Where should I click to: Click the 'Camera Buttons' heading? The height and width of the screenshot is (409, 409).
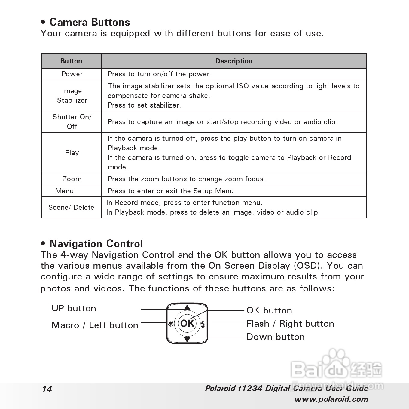click(x=90, y=22)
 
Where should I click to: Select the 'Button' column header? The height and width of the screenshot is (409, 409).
click(x=71, y=61)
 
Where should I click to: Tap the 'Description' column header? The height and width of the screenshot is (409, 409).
click(x=234, y=61)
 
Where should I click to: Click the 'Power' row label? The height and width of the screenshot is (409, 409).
click(x=72, y=74)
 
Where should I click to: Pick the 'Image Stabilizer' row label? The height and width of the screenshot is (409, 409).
click(x=72, y=96)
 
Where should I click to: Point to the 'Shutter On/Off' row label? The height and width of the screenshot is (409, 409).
click(x=72, y=122)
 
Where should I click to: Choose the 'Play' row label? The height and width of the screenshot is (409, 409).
click(x=72, y=153)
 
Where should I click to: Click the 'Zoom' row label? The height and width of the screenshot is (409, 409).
click(x=72, y=179)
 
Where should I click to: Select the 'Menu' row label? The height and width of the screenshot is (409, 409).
click(x=64, y=191)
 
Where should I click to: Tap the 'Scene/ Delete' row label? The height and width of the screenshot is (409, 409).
click(x=71, y=207)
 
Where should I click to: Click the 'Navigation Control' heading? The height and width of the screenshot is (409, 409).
click(x=96, y=244)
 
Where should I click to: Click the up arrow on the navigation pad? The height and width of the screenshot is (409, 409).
click(x=187, y=307)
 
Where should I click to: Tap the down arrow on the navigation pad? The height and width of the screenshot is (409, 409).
click(x=187, y=340)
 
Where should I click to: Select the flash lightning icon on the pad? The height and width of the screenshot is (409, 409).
click(x=203, y=324)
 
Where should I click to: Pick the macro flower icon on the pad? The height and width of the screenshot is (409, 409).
click(x=171, y=324)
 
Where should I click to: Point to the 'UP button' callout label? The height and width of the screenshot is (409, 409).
click(x=74, y=308)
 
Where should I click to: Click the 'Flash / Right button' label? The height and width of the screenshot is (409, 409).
click(x=290, y=324)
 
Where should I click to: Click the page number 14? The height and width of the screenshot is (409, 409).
click(x=47, y=389)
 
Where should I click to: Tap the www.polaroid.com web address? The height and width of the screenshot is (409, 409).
click(x=331, y=399)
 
